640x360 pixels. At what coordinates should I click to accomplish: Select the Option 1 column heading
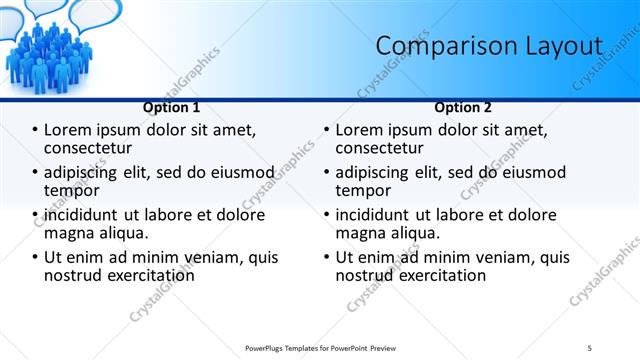(x=171, y=107)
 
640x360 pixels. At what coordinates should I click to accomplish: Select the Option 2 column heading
(x=463, y=107)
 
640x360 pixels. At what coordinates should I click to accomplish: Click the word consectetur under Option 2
(x=381, y=147)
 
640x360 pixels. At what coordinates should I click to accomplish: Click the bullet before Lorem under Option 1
(x=36, y=130)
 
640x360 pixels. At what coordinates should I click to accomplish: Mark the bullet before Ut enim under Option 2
(x=328, y=257)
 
